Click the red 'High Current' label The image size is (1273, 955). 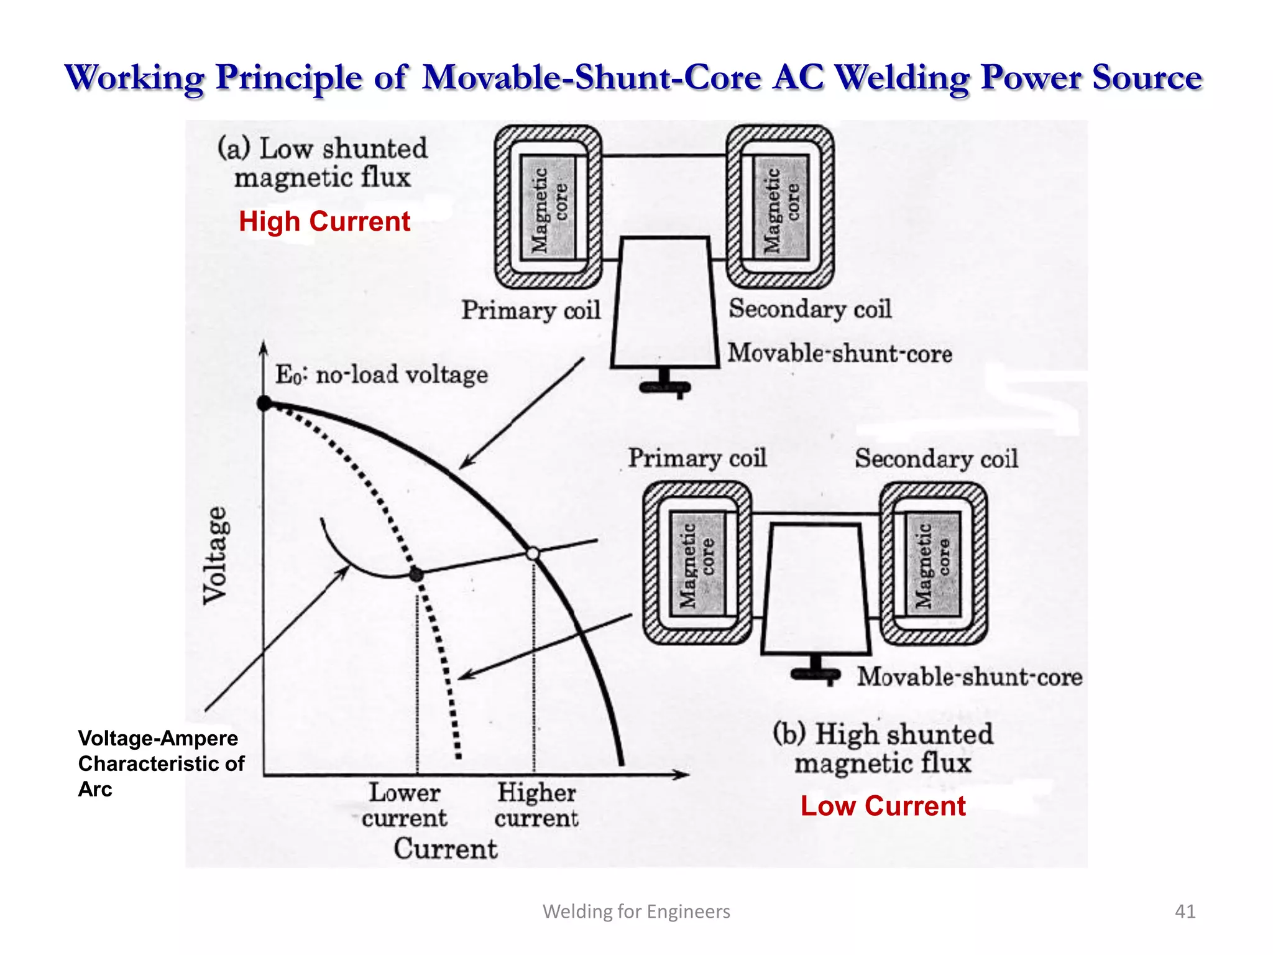[324, 221]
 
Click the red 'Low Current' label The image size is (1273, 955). [883, 806]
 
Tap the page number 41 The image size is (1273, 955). [1185, 911]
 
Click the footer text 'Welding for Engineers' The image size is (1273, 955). [636, 911]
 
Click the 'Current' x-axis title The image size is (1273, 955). [445, 849]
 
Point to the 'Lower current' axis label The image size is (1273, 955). [404, 805]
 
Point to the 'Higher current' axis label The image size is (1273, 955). [536, 805]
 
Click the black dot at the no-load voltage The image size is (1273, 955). [264, 404]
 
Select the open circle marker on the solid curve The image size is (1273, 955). [533, 553]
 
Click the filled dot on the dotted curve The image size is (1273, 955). [416, 575]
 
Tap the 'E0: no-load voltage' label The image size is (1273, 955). [381, 375]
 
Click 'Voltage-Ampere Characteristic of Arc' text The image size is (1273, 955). [160, 764]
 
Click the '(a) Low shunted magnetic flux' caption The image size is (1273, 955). [323, 163]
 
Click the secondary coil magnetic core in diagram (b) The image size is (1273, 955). [932, 564]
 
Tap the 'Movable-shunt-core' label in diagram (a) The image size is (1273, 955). [840, 354]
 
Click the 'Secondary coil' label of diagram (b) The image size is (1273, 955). [936, 459]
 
